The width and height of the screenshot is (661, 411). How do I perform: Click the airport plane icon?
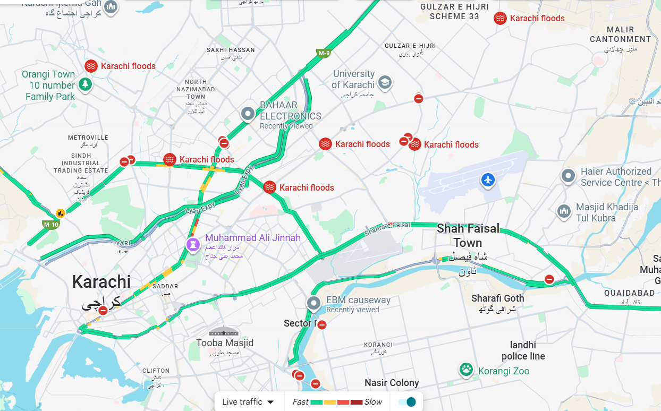[488, 180]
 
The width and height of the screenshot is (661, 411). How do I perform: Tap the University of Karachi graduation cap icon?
[385, 82]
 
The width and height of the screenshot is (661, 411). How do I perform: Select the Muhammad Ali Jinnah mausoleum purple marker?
[192, 244]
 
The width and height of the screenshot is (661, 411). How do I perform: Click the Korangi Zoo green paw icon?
[467, 370]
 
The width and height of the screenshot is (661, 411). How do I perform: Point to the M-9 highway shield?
[324, 53]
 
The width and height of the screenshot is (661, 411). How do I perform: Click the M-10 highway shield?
[51, 225]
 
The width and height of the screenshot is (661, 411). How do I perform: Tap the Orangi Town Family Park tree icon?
[84, 84]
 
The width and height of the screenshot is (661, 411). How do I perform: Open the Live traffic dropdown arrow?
[270, 402]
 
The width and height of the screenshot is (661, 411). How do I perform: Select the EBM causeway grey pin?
[314, 304]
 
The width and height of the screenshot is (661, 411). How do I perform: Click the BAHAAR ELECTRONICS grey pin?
[248, 114]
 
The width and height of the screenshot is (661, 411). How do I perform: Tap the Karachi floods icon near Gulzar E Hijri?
[500, 19]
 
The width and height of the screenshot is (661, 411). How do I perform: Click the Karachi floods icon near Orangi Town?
[91, 66]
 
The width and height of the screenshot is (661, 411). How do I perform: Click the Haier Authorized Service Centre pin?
[569, 176]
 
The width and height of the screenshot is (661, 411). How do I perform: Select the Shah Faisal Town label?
[468, 236]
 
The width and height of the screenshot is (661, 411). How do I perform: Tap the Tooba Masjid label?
[225, 343]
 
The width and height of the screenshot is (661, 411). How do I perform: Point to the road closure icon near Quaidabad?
[549, 279]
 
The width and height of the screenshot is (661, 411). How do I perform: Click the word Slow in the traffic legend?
[373, 402]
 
